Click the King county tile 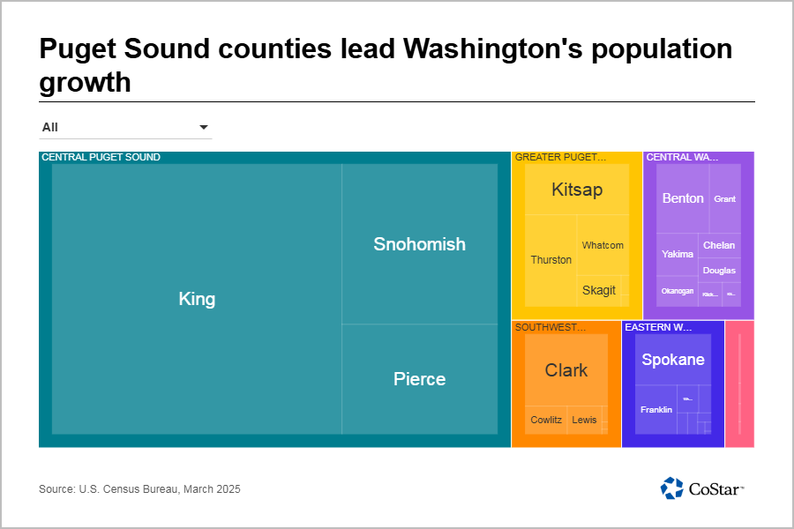(197, 299)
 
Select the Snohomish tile (419, 244)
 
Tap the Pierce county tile (419, 379)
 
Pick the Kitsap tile (577, 190)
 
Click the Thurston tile (551, 260)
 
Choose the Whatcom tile (603, 245)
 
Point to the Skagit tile (599, 290)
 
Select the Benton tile (683, 198)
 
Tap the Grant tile (724, 199)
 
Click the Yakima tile (678, 254)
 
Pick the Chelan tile (719, 245)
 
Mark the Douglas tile (719, 270)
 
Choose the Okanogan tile (678, 291)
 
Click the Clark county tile (566, 370)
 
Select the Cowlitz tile (546, 420)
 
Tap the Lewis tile (584, 420)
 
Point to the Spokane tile (673, 360)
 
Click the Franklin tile (656, 410)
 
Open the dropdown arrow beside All (204, 128)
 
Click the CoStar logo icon (672, 488)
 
